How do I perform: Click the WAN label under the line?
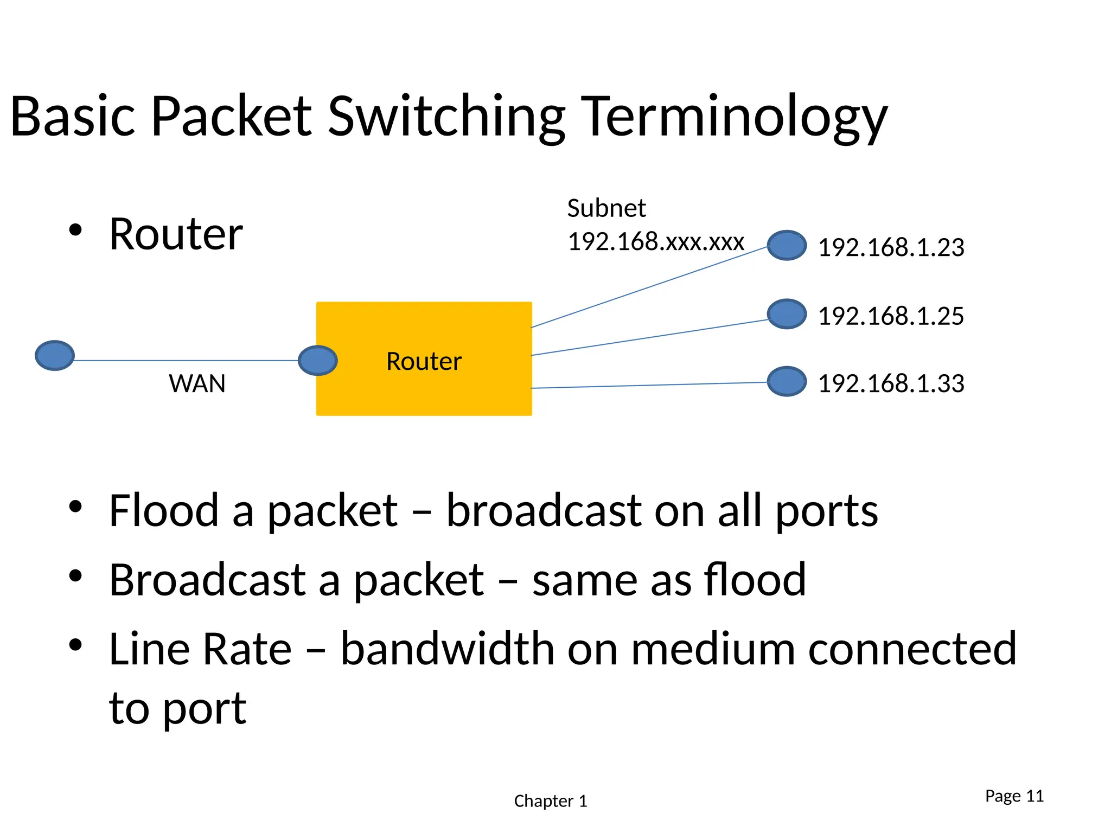point(197,384)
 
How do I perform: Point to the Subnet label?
point(606,208)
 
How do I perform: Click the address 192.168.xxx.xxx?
point(655,241)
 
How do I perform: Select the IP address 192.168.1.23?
point(891,247)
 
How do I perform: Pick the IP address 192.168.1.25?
point(891,316)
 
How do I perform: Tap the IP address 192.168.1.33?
point(891,383)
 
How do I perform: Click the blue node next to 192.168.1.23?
point(786,245)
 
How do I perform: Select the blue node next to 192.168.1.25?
point(786,313)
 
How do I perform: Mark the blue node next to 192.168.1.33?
point(786,381)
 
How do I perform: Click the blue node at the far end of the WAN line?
point(55,355)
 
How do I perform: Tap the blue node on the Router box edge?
point(318,360)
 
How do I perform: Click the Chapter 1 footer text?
point(550,801)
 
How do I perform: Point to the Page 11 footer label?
point(1014,796)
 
